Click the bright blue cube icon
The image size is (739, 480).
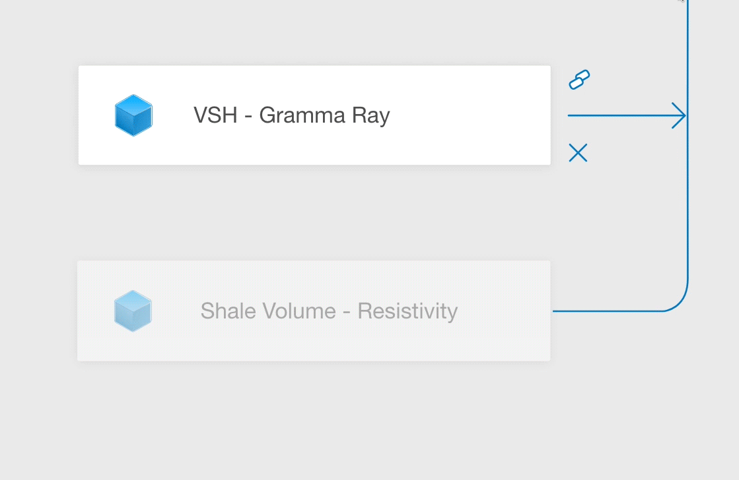(x=133, y=115)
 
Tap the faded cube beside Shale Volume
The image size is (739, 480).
(x=133, y=311)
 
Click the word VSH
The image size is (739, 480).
(x=215, y=115)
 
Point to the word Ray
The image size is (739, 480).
(x=371, y=116)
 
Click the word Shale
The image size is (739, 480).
(x=228, y=311)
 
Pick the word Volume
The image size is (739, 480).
(x=299, y=311)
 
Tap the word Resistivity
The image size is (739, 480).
(x=407, y=311)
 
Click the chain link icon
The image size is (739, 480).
(x=579, y=80)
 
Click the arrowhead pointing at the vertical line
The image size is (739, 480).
(x=680, y=115)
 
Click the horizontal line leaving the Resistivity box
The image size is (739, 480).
(x=608, y=311)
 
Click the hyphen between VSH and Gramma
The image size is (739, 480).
(x=248, y=117)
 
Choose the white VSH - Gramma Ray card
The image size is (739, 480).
(x=314, y=115)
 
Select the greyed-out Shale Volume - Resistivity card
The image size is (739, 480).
(x=314, y=311)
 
